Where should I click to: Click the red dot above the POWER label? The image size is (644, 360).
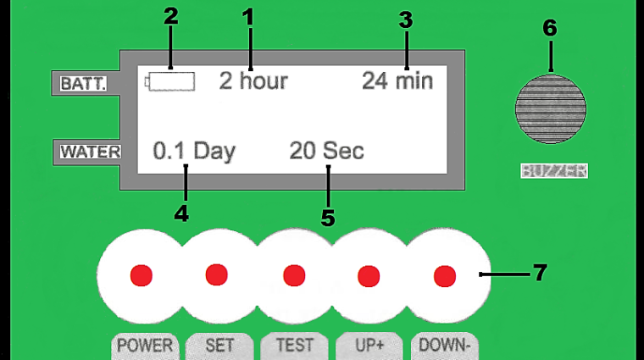(x=142, y=275)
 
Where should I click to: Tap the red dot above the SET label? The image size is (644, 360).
(x=216, y=274)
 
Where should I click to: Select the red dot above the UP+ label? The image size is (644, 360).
(x=369, y=276)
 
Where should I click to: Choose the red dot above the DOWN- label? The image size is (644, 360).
(x=445, y=276)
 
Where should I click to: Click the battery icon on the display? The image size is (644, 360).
(x=169, y=81)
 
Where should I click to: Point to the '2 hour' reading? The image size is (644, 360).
(x=253, y=80)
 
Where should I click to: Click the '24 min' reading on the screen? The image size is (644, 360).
(x=397, y=80)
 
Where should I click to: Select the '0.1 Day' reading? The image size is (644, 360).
(x=194, y=151)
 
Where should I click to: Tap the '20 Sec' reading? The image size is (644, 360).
(x=326, y=150)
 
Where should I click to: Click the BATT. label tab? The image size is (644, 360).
(x=83, y=84)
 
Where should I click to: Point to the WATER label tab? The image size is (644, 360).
(x=91, y=152)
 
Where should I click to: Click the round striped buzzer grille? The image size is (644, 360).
(x=551, y=109)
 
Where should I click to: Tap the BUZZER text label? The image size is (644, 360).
(x=554, y=171)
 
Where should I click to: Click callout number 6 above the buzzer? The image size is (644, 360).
(x=550, y=28)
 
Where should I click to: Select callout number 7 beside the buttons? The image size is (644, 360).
(x=540, y=272)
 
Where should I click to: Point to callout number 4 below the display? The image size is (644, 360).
(x=181, y=213)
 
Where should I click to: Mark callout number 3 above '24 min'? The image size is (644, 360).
(x=405, y=20)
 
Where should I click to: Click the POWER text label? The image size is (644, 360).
(x=145, y=346)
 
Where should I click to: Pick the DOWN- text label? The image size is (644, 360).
(x=444, y=346)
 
